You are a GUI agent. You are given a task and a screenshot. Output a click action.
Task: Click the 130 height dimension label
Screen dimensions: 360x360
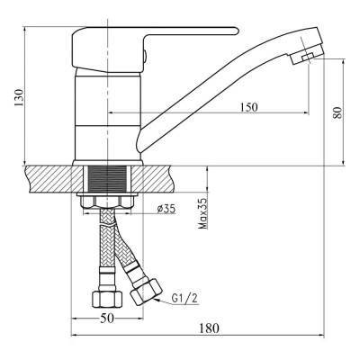(19, 97)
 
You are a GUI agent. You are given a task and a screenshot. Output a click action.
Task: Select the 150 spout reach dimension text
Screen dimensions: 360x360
(248, 107)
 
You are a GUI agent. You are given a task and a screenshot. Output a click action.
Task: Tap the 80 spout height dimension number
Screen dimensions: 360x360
(337, 112)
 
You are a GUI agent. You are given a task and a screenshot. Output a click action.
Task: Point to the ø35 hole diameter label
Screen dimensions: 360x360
(166, 209)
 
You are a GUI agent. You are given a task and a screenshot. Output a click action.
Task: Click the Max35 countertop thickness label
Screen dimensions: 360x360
(203, 213)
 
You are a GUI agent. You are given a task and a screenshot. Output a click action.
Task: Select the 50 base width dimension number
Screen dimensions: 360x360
(107, 319)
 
